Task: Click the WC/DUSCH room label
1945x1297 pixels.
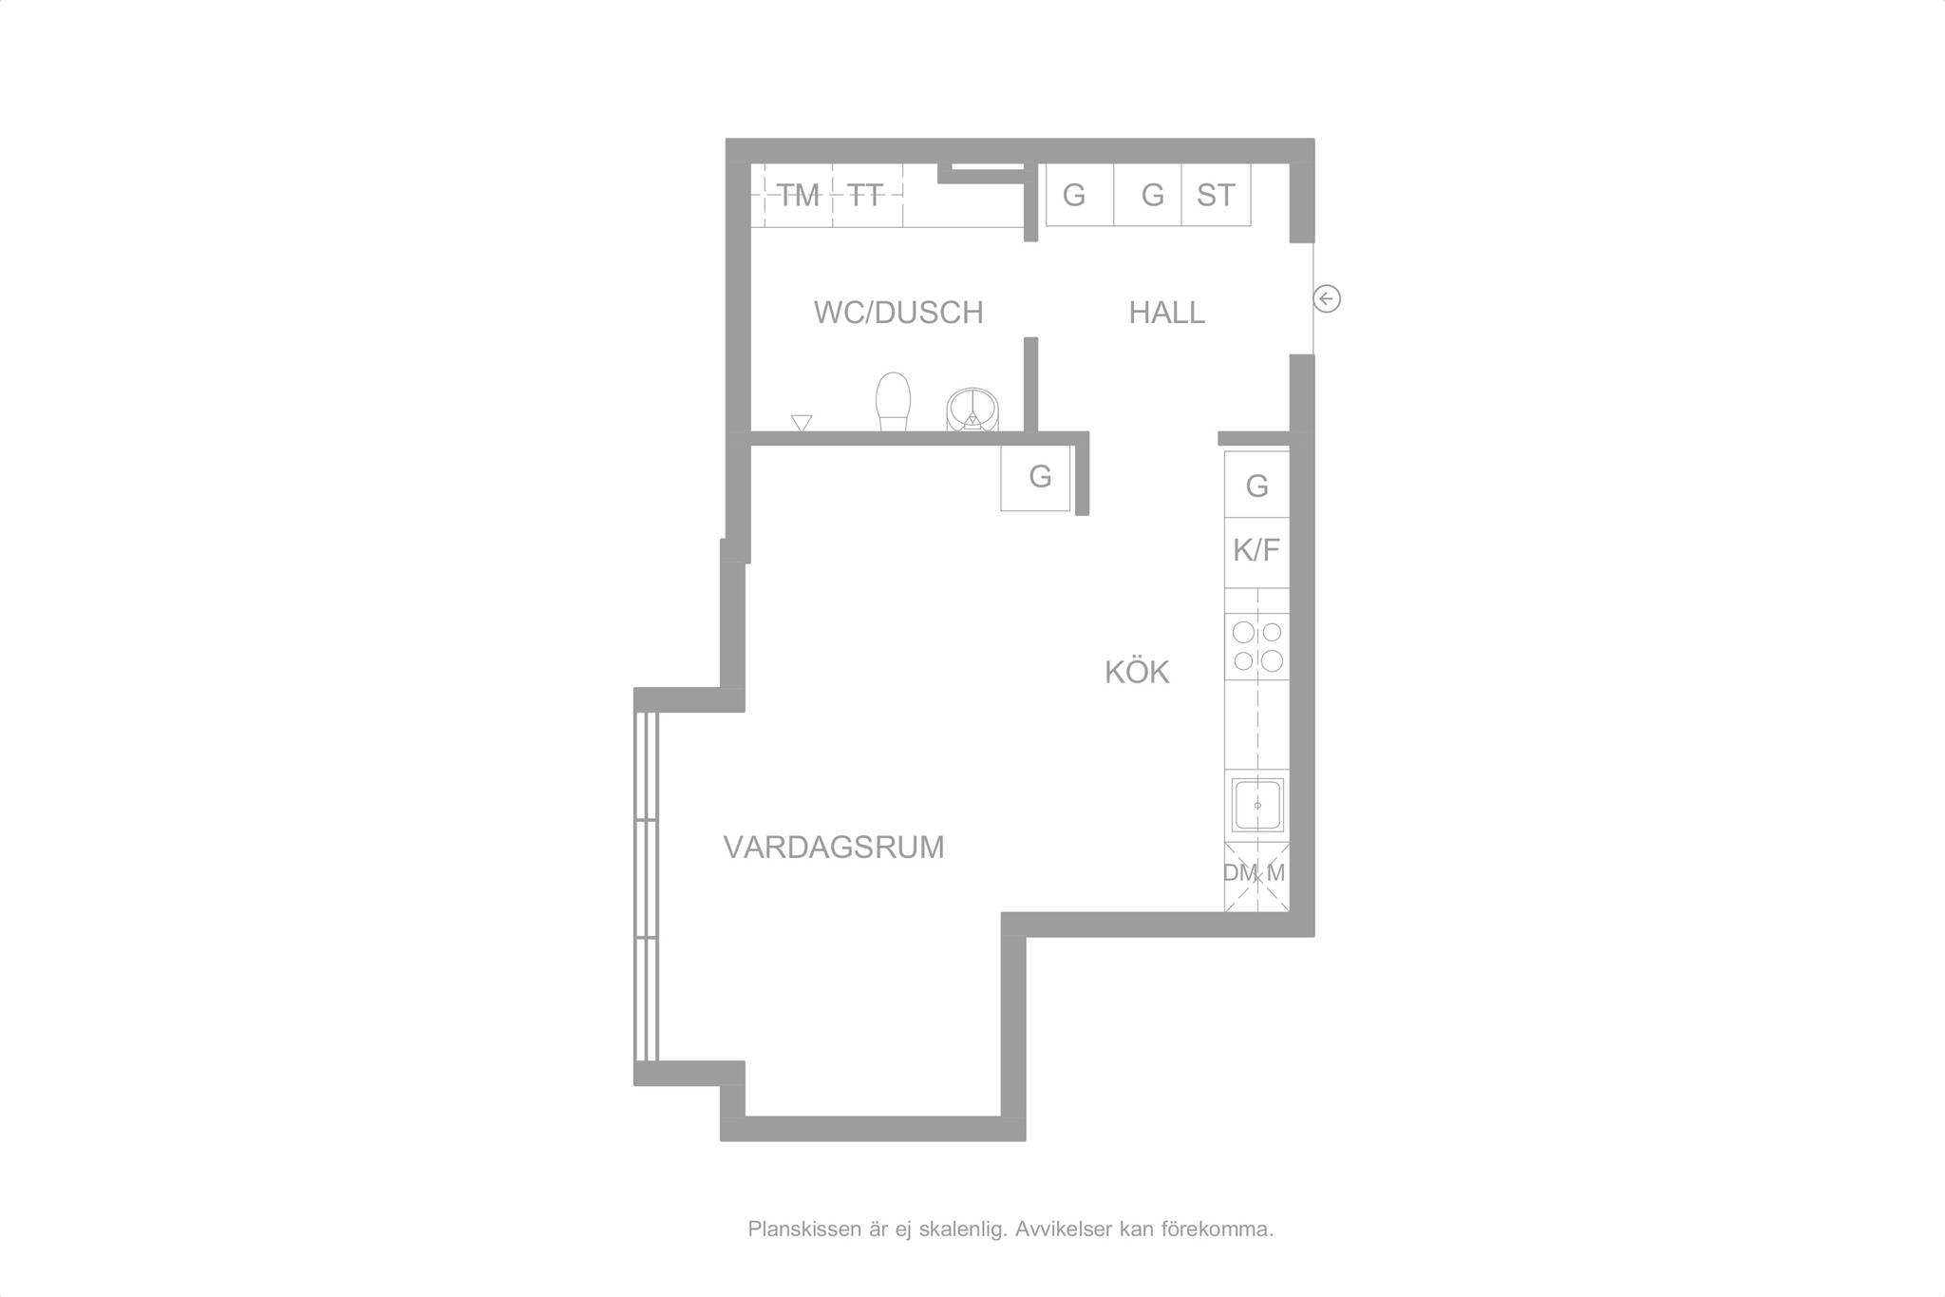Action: click(x=898, y=313)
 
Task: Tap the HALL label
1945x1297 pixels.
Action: click(x=1166, y=313)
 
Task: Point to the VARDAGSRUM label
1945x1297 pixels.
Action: click(x=834, y=847)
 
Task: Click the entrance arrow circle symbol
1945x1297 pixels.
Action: click(x=1327, y=299)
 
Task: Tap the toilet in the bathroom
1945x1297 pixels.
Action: click(x=893, y=402)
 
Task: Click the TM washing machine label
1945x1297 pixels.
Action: click(x=799, y=196)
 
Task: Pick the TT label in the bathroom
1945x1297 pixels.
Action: click(x=865, y=196)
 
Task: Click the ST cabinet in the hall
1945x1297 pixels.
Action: click(x=1216, y=195)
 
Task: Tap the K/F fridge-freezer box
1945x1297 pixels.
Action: click(x=1256, y=550)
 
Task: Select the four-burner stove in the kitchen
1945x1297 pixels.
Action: click(x=1256, y=646)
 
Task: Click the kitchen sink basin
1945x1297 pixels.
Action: click(x=1257, y=805)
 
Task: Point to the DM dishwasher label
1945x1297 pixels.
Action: click(x=1239, y=872)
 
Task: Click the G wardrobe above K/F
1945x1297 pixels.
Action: click(x=1256, y=485)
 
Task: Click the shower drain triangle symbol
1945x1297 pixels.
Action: click(x=802, y=423)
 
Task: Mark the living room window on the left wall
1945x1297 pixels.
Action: click(x=646, y=887)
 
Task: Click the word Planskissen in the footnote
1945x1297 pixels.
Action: click(x=804, y=1230)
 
